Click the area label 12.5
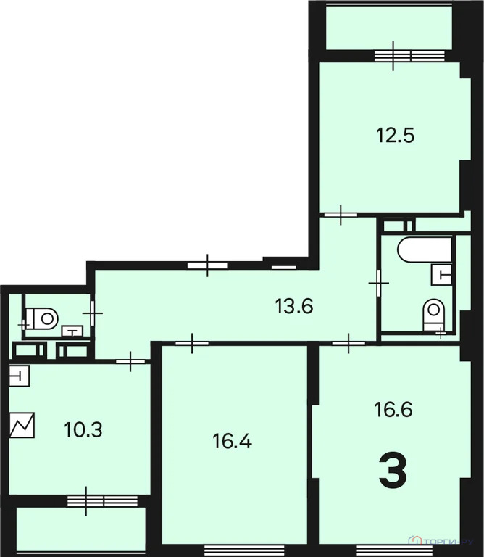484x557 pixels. (x=395, y=135)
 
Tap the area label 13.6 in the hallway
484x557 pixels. (x=293, y=306)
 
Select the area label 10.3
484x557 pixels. (x=83, y=429)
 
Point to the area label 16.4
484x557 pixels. (x=232, y=440)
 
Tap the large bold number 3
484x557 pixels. (x=393, y=471)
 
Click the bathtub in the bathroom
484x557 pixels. (x=424, y=250)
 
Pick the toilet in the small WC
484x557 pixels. (x=43, y=317)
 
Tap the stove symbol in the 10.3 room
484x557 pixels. (x=22, y=425)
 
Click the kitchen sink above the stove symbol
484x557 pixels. (x=20, y=376)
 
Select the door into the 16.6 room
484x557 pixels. (x=349, y=342)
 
